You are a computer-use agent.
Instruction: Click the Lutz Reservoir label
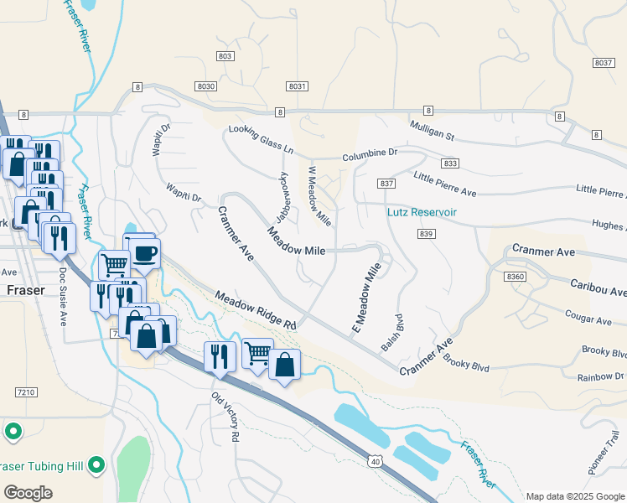(422, 212)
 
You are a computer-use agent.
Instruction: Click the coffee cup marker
(144, 253)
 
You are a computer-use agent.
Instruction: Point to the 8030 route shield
(206, 86)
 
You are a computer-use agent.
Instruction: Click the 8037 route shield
(604, 63)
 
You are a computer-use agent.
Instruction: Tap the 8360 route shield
(516, 275)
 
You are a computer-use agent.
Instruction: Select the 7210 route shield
(26, 392)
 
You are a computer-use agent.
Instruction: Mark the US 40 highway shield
(375, 460)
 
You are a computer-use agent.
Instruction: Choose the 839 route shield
(426, 234)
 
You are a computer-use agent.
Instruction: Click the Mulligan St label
(432, 128)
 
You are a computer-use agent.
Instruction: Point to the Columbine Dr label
(370, 154)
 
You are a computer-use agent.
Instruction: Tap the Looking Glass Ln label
(262, 139)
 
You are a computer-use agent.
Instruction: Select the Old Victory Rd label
(226, 417)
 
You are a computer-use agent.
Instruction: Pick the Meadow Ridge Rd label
(256, 310)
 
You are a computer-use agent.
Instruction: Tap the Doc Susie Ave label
(61, 297)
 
